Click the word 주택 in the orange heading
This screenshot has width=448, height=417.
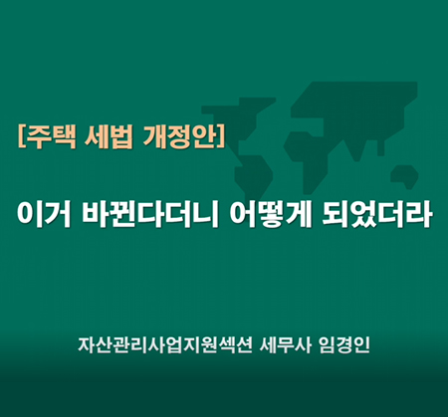pos(51,136)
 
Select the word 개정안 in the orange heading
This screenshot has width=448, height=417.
pos(179,136)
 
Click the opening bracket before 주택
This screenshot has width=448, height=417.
pos(22,136)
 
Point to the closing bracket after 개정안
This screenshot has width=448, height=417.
pos(221,136)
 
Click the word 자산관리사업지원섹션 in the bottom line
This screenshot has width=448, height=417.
pos(165,345)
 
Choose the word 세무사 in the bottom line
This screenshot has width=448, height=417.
pos(286,345)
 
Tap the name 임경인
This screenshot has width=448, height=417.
pos(343,345)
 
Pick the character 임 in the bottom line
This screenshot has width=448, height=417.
pos(327,345)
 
